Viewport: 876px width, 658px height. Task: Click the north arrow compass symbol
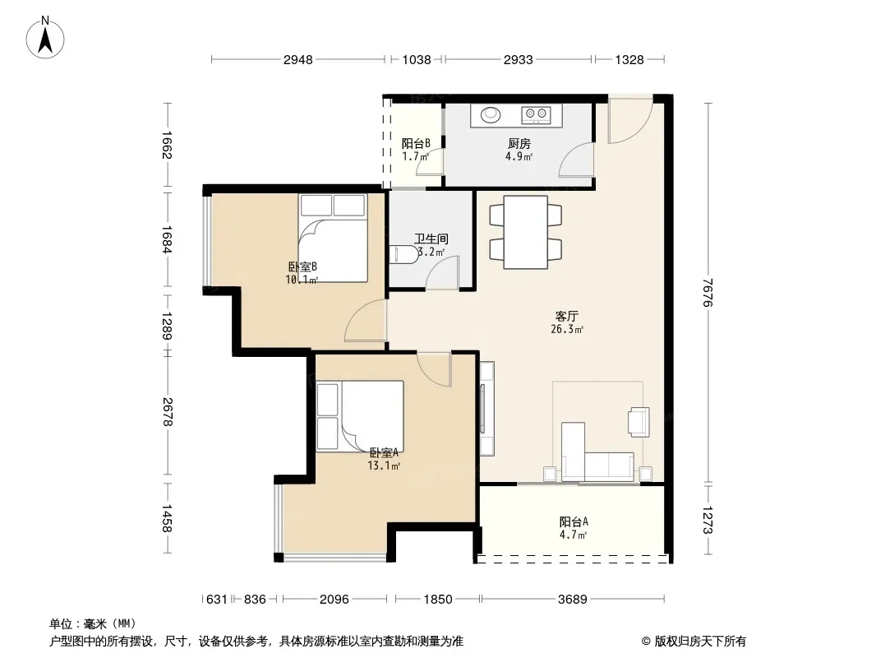coord(45,38)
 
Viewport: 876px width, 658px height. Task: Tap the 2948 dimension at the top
coord(297,59)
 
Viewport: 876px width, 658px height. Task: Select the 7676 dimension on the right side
coord(708,292)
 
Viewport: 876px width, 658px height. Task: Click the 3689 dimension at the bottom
coord(573,600)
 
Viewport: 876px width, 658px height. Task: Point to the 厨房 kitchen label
coord(519,144)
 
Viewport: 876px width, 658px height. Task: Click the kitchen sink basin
coord(491,114)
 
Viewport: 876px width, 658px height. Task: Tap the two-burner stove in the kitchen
coord(536,114)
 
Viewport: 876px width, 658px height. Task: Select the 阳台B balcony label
coord(416,144)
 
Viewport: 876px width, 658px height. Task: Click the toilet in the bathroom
coord(403,255)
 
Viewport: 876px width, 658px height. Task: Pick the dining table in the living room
coord(525,232)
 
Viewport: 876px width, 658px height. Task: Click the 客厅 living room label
coord(566,317)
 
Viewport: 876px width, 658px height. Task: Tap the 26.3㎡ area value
coord(567,329)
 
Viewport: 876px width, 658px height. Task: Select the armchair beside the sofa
coord(639,421)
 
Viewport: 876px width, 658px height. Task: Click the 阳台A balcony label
coord(574,521)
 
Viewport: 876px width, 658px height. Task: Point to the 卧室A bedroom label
coord(384,452)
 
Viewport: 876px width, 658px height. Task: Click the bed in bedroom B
coord(333,239)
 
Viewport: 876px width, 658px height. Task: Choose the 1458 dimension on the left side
coord(167,518)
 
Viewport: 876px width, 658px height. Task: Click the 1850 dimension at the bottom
coord(437,600)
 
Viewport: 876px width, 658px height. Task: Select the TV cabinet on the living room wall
coord(486,409)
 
